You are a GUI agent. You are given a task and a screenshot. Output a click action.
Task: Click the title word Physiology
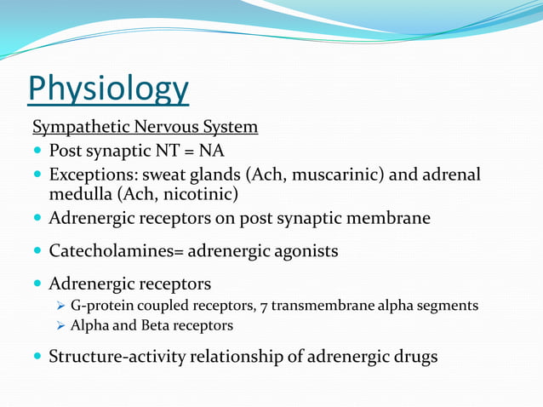(108, 89)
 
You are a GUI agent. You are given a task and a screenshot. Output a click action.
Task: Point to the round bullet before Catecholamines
(38, 252)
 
